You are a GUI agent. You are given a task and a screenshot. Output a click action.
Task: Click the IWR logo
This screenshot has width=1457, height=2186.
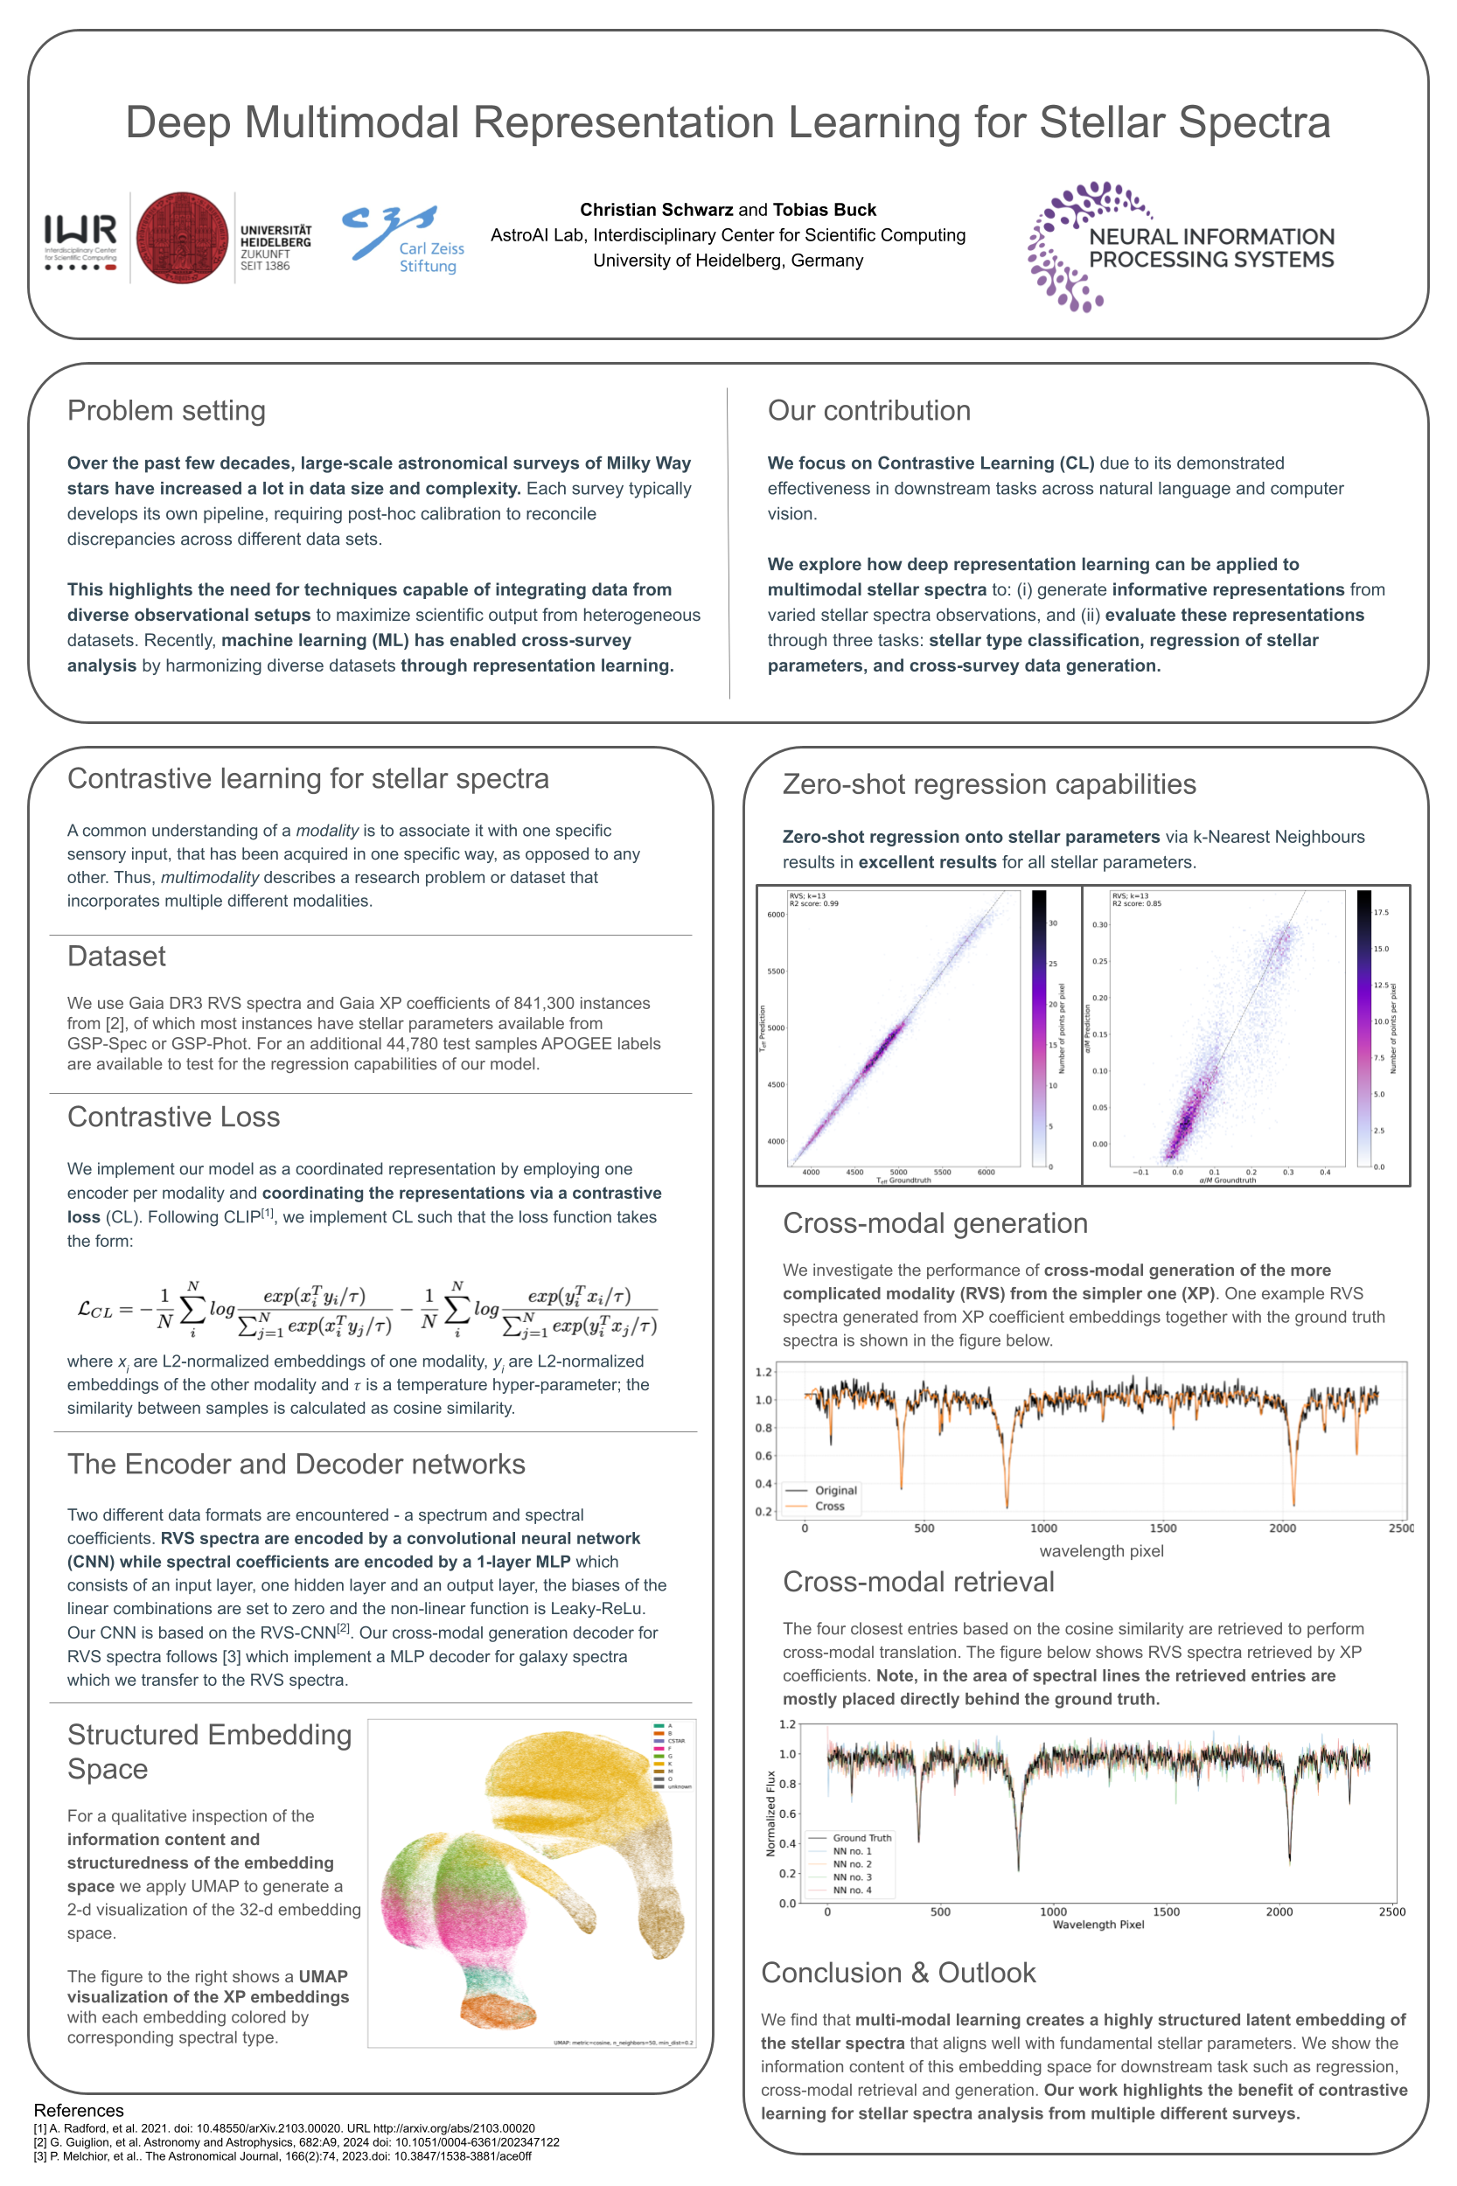(x=80, y=240)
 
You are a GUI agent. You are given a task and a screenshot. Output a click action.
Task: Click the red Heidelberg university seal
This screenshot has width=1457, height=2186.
(x=182, y=238)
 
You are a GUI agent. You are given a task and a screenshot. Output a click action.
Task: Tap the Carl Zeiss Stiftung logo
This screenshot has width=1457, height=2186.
(x=403, y=240)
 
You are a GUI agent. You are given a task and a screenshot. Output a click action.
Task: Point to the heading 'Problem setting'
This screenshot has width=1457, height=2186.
(x=166, y=411)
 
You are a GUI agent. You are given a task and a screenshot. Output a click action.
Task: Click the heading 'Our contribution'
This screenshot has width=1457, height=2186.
(x=868, y=411)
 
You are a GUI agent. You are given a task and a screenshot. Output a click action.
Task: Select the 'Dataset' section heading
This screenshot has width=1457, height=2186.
(x=116, y=956)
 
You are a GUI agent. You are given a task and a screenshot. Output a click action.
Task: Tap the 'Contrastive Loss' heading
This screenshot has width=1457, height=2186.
(x=174, y=1117)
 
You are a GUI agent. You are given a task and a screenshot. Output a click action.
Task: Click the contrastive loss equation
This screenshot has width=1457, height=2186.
(x=367, y=1310)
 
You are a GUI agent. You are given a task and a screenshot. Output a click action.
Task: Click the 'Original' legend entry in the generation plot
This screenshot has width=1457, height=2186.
(x=835, y=1490)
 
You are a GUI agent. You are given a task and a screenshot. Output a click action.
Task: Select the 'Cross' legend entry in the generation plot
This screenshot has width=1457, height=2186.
(x=830, y=1506)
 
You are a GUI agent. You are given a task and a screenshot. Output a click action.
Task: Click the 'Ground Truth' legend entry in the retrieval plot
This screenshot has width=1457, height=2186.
(x=861, y=1838)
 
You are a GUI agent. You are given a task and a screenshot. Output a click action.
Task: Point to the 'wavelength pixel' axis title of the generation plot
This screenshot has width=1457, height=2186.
(x=1101, y=1550)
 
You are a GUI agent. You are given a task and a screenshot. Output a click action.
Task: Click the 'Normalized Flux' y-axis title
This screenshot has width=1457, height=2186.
(x=770, y=1814)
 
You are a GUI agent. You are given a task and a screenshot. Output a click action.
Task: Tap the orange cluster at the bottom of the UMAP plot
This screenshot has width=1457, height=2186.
(x=497, y=2012)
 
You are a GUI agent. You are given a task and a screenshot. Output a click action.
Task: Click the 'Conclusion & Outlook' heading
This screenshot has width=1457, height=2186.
(x=897, y=1973)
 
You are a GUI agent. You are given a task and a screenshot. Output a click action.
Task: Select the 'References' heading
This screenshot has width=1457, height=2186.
(x=79, y=2111)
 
